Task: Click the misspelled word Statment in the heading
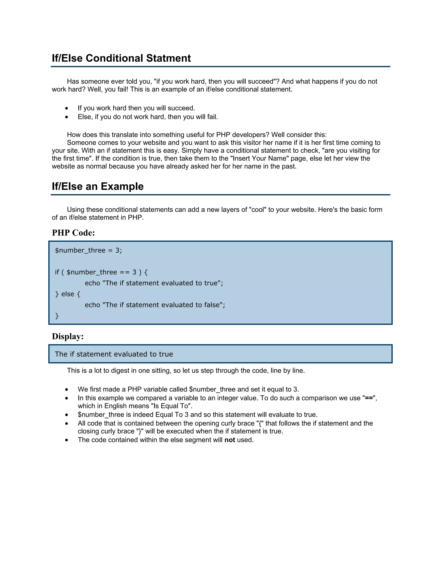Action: (x=169, y=58)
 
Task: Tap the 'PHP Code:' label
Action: (x=73, y=233)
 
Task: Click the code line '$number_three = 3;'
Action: (x=88, y=250)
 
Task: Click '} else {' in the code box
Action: (x=68, y=294)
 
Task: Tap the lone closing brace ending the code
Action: (x=57, y=316)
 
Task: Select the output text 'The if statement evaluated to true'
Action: (x=114, y=354)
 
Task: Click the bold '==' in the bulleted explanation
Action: (x=368, y=398)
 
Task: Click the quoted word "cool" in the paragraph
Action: (x=258, y=210)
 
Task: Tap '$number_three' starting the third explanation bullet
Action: (x=101, y=415)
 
